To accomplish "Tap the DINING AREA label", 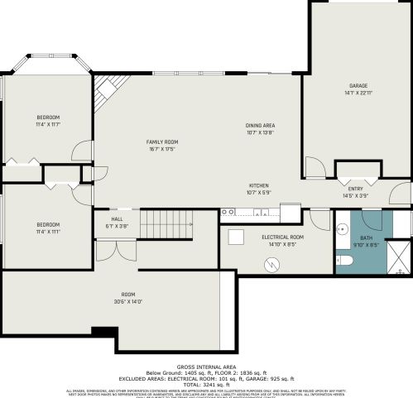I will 259,125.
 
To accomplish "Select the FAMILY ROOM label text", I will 162,141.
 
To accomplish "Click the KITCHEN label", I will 259,185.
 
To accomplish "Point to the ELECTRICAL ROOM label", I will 283,237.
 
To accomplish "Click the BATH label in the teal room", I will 365,237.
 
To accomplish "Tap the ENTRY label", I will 355,189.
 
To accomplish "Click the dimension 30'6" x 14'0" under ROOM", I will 127,301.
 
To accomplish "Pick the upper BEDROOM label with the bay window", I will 48,117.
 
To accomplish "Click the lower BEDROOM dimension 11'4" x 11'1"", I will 47,232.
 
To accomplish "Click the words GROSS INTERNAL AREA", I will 206,366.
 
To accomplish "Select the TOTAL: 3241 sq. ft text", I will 206,385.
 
